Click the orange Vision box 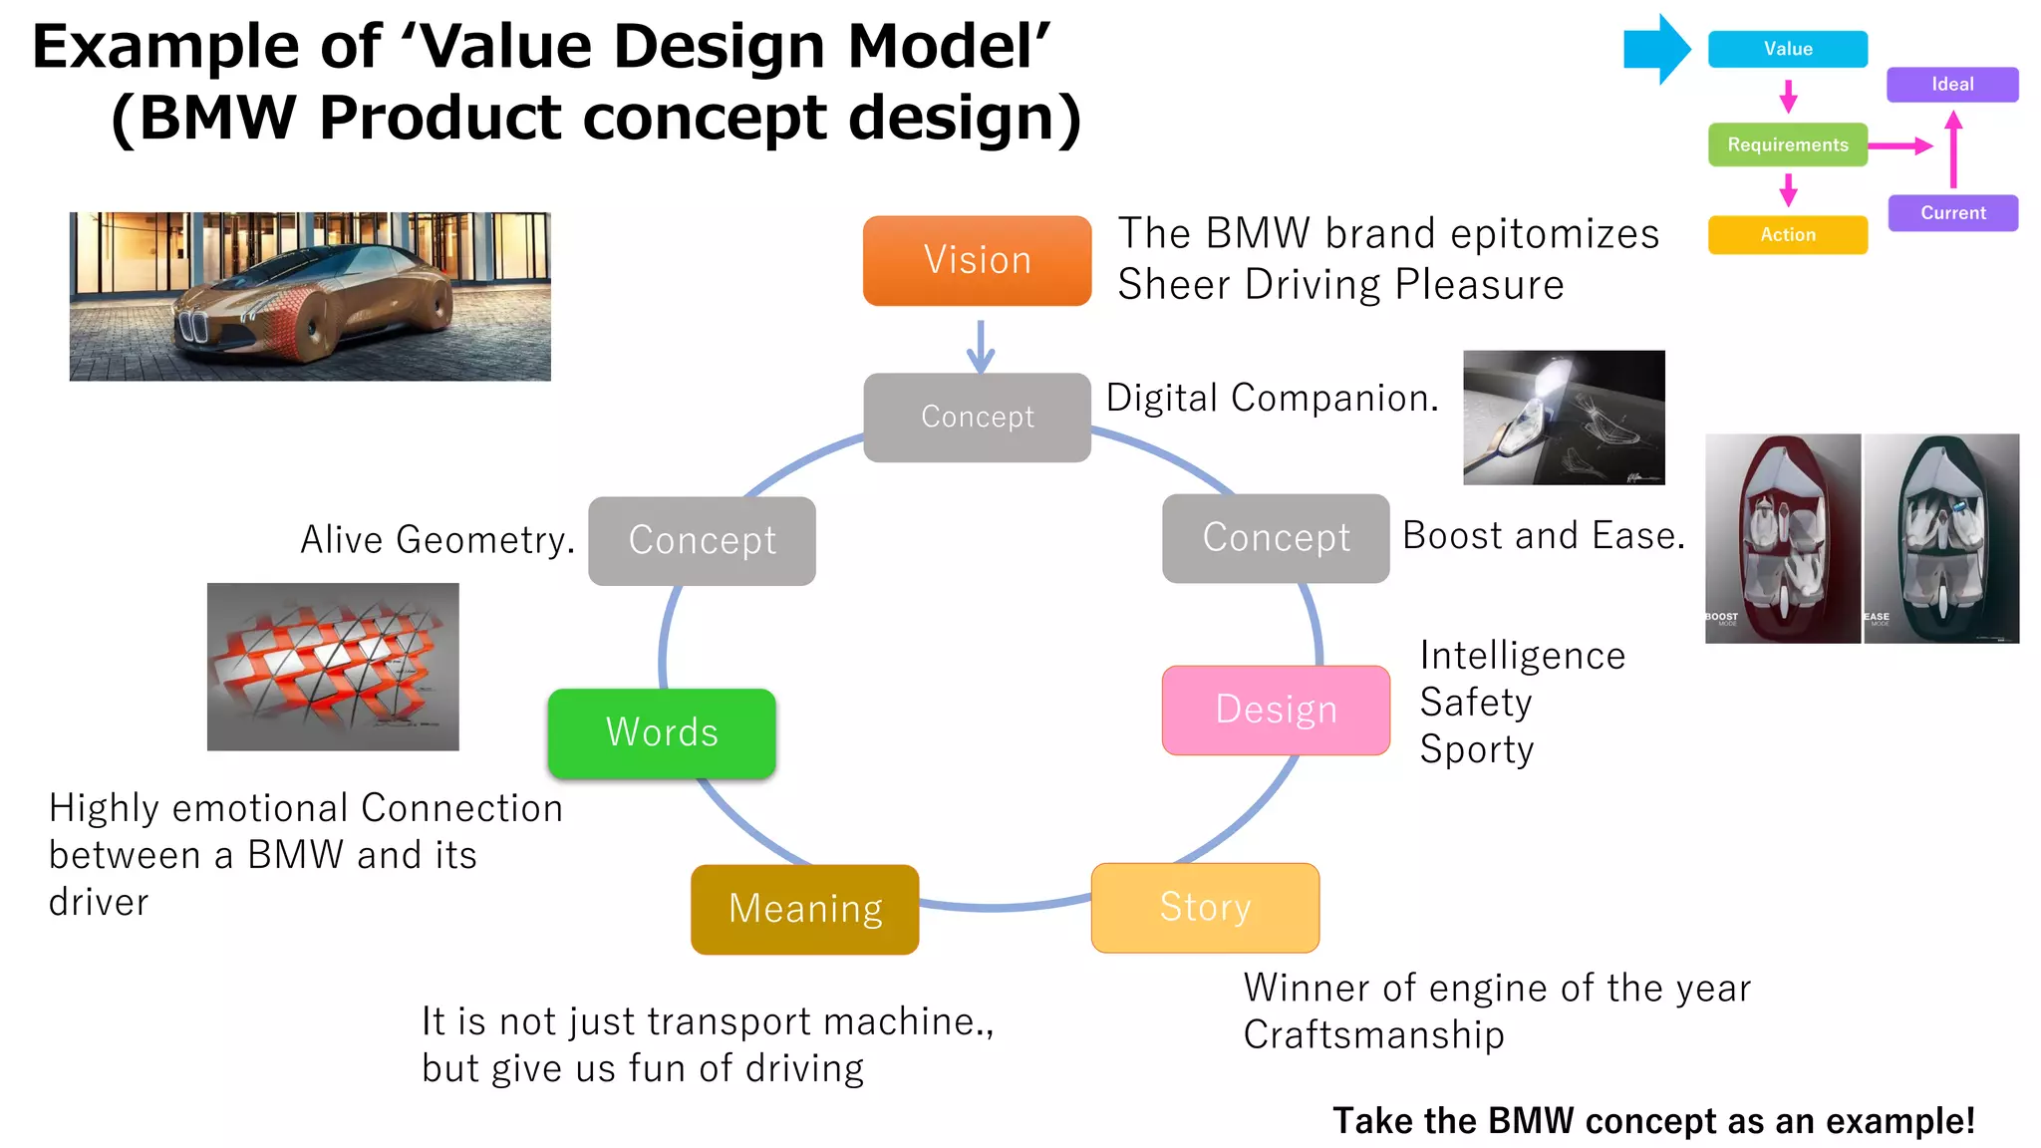(977, 260)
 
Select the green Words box (662, 732)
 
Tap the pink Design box (1276, 710)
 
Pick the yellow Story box (1205, 907)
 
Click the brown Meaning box (805, 909)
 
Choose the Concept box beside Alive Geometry (702, 540)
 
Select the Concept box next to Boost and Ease (1276, 538)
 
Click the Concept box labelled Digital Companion (977, 417)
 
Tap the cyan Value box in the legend (1787, 49)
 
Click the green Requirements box (1787, 144)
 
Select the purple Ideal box (1952, 85)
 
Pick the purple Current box (1952, 212)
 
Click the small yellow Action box (1787, 235)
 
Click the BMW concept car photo (310, 296)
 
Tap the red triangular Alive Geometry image (333, 667)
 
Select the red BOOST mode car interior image (1782, 538)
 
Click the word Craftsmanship (1373, 1034)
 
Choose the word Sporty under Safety (1476, 749)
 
